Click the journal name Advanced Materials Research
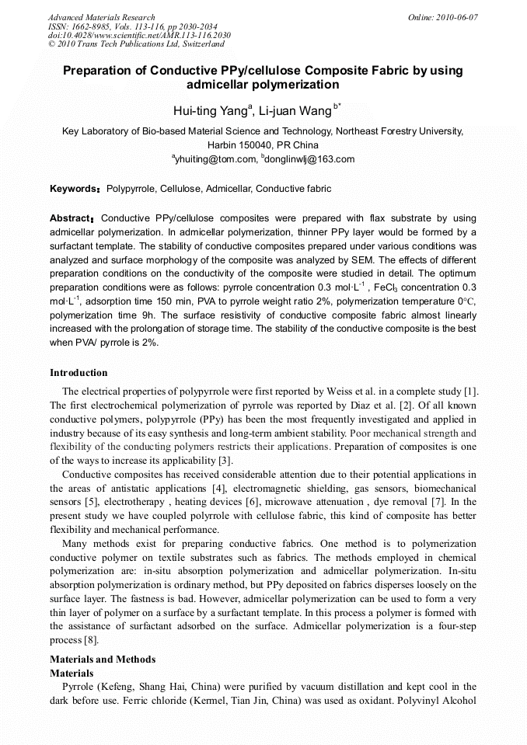coord(101,17)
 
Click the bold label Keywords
coord(75,189)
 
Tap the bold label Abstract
coord(72,218)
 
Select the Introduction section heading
coord(79,373)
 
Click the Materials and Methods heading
coord(103,660)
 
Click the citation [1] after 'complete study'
coord(469,392)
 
